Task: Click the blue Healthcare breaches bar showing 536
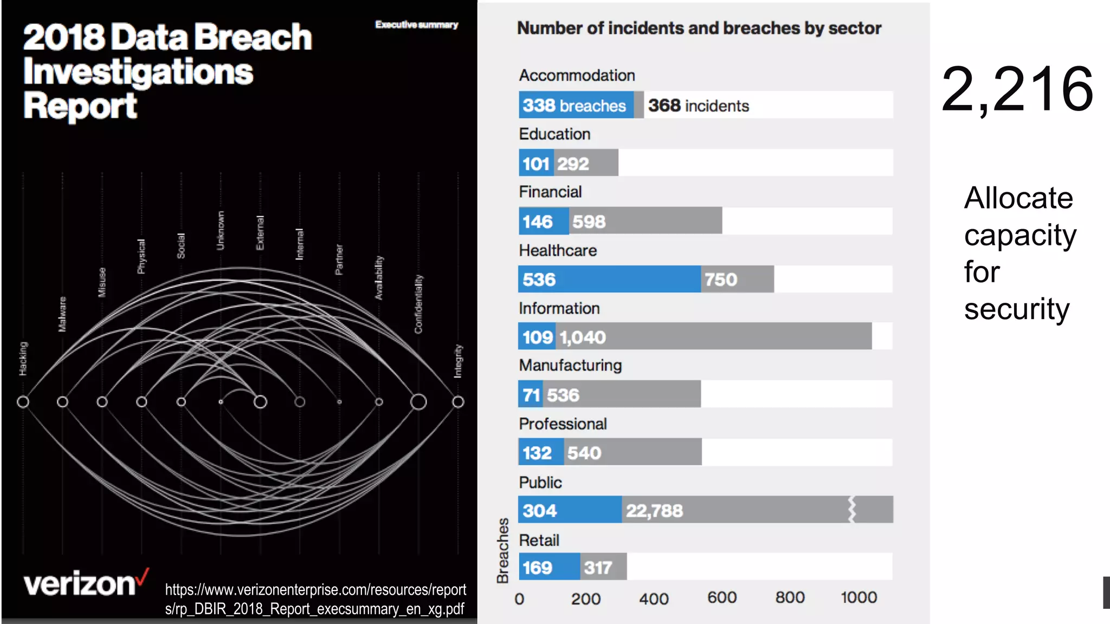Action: click(609, 279)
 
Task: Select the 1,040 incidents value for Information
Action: click(583, 337)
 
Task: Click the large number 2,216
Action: click(1017, 89)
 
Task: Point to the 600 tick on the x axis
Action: click(721, 597)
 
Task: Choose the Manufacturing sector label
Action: click(570, 366)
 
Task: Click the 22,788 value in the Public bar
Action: click(654, 511)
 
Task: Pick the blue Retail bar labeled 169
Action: click(548, 567)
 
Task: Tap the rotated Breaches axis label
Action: click(503, 550)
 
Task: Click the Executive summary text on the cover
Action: click(416, 25)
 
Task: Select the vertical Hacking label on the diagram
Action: click(23, 359)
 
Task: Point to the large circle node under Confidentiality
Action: click(418, 402)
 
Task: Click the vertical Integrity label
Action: click(458, 361)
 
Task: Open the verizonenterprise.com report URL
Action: click(315, 599)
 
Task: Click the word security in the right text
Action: click(1017, 309)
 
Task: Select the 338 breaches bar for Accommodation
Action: click(576, 106)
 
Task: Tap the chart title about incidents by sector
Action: click(699, 28)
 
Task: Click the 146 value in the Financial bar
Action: click(538, 222)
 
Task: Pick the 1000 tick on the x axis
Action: click(859, 597)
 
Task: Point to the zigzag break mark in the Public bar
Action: click(851, 510)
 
